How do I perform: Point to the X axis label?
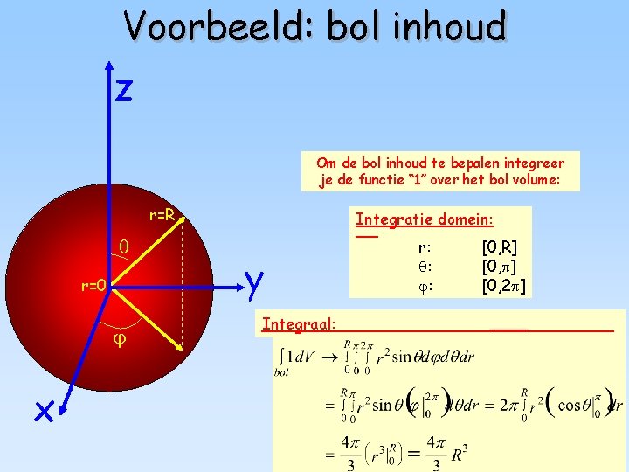[45, 411]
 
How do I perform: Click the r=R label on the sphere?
[162, 215]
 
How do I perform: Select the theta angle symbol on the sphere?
[124, 248]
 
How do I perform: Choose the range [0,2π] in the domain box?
[503, 285]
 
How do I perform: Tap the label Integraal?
[299, 324]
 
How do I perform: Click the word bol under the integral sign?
[281, 372]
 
